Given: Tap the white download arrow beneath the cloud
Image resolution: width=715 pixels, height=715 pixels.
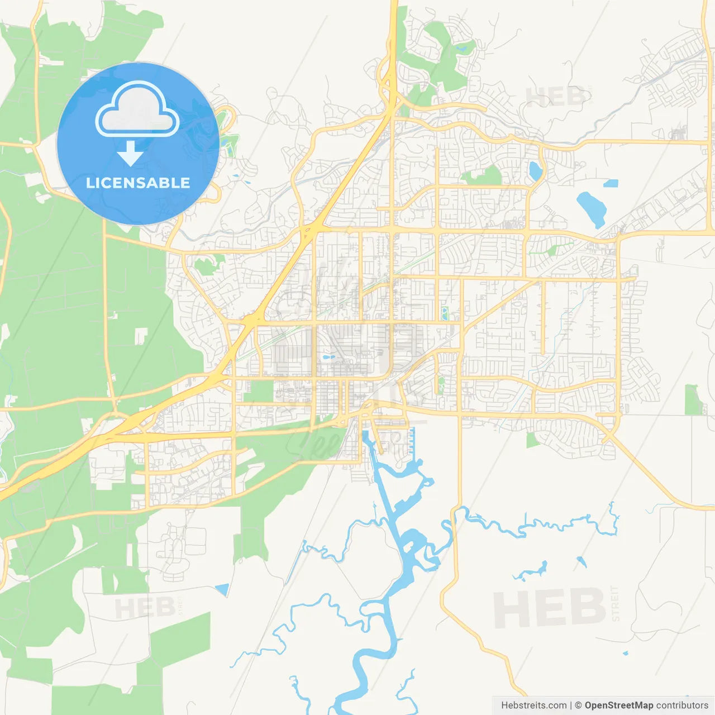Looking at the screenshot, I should (130, 154).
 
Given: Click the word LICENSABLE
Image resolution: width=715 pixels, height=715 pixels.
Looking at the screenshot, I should (138, 183).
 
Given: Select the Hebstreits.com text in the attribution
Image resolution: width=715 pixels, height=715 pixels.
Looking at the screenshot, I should (533, 706).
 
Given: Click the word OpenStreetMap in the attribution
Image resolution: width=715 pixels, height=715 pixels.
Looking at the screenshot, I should (618, 706).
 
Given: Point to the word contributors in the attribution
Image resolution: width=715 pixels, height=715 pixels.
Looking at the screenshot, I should (682, 706).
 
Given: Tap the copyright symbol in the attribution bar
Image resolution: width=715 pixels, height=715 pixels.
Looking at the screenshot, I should (579, 706).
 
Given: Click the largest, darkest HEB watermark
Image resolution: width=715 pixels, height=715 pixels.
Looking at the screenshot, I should (549, 608).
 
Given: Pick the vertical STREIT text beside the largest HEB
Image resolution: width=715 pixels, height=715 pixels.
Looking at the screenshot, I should (616, 604).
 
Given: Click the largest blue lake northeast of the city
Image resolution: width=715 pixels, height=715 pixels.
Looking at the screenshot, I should (591, 208).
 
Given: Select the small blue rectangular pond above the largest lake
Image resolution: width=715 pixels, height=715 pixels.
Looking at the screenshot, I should (611, 183).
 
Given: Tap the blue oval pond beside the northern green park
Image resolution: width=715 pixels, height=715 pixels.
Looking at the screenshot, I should (535, 171).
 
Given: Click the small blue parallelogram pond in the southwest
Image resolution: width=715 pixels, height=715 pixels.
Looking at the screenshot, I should (222, 589).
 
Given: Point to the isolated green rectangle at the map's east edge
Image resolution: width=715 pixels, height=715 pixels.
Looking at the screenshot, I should (693, 399).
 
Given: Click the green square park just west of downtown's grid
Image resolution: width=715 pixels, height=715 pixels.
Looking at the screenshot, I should (258, 391).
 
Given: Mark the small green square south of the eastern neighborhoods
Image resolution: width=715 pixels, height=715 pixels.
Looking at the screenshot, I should (532, 440).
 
